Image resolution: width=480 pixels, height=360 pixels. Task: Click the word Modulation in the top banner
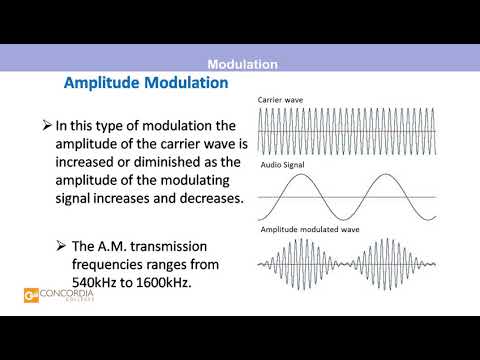241,65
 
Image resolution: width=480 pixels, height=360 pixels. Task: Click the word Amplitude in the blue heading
104,83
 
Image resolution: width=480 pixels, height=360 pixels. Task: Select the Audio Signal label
284,163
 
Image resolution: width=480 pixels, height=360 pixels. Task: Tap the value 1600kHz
164,283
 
